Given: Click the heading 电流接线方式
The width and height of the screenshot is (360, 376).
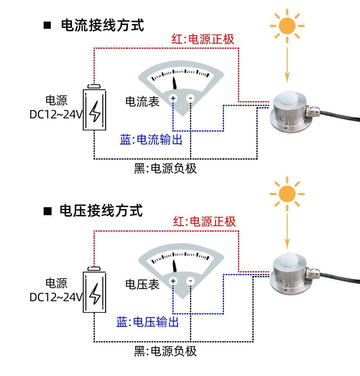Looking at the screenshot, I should tap(102, 26).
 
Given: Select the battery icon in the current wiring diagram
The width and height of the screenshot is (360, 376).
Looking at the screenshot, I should tap(95, 108).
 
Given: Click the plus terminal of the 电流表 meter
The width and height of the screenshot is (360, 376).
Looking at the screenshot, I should tap(173, 98).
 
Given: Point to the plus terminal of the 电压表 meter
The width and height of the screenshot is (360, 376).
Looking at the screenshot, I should tap(173, 281).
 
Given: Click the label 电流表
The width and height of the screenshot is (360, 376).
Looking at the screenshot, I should tap(142, 102).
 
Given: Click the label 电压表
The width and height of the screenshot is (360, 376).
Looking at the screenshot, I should tap(142, 284).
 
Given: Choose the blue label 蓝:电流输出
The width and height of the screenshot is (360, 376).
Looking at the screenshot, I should tap(151, 140).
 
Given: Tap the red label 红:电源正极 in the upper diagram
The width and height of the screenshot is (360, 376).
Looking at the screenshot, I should tap(203, 39).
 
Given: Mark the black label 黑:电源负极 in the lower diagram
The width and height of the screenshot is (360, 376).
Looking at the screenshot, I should tap(165, 351).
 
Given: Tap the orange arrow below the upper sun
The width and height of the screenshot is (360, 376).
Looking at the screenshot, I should tap(287, 64).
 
